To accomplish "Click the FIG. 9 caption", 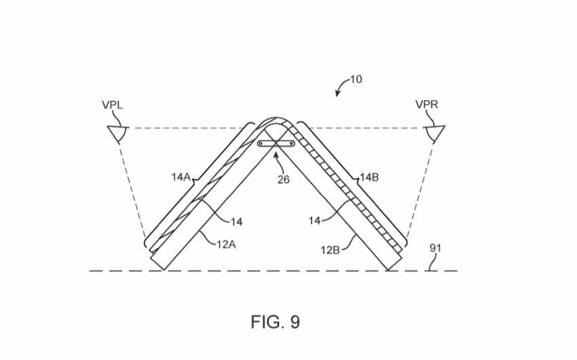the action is pyautogui.click(x=275, y=322).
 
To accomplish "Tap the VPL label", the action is pyautogui.click(x=112, y=105).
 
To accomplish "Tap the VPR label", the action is pyautogui.click(x=427, y=105).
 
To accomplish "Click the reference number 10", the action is pyautogui.click(x=356, y=79).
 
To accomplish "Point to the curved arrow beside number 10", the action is pyautogui.click(x=341, y=86).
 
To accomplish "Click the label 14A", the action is pyautogui.click(x=181, y=177).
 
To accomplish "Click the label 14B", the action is pyautogui.click(x=369, y=177).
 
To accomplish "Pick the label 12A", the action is pyautogui.click(x=226, y=244).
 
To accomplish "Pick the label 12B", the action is pyautogui.click(x=330, y=250).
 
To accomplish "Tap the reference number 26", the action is pyautogui.click(x=283, y=179).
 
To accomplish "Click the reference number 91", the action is pyautogui.click(x=435, y=248).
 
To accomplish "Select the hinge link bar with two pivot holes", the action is pyautogui.click(x=276, y=143).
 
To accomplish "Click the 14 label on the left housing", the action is pyautogui.click(x=237, y=221).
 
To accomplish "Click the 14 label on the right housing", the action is pyautogui.click(x=314, y=221).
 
